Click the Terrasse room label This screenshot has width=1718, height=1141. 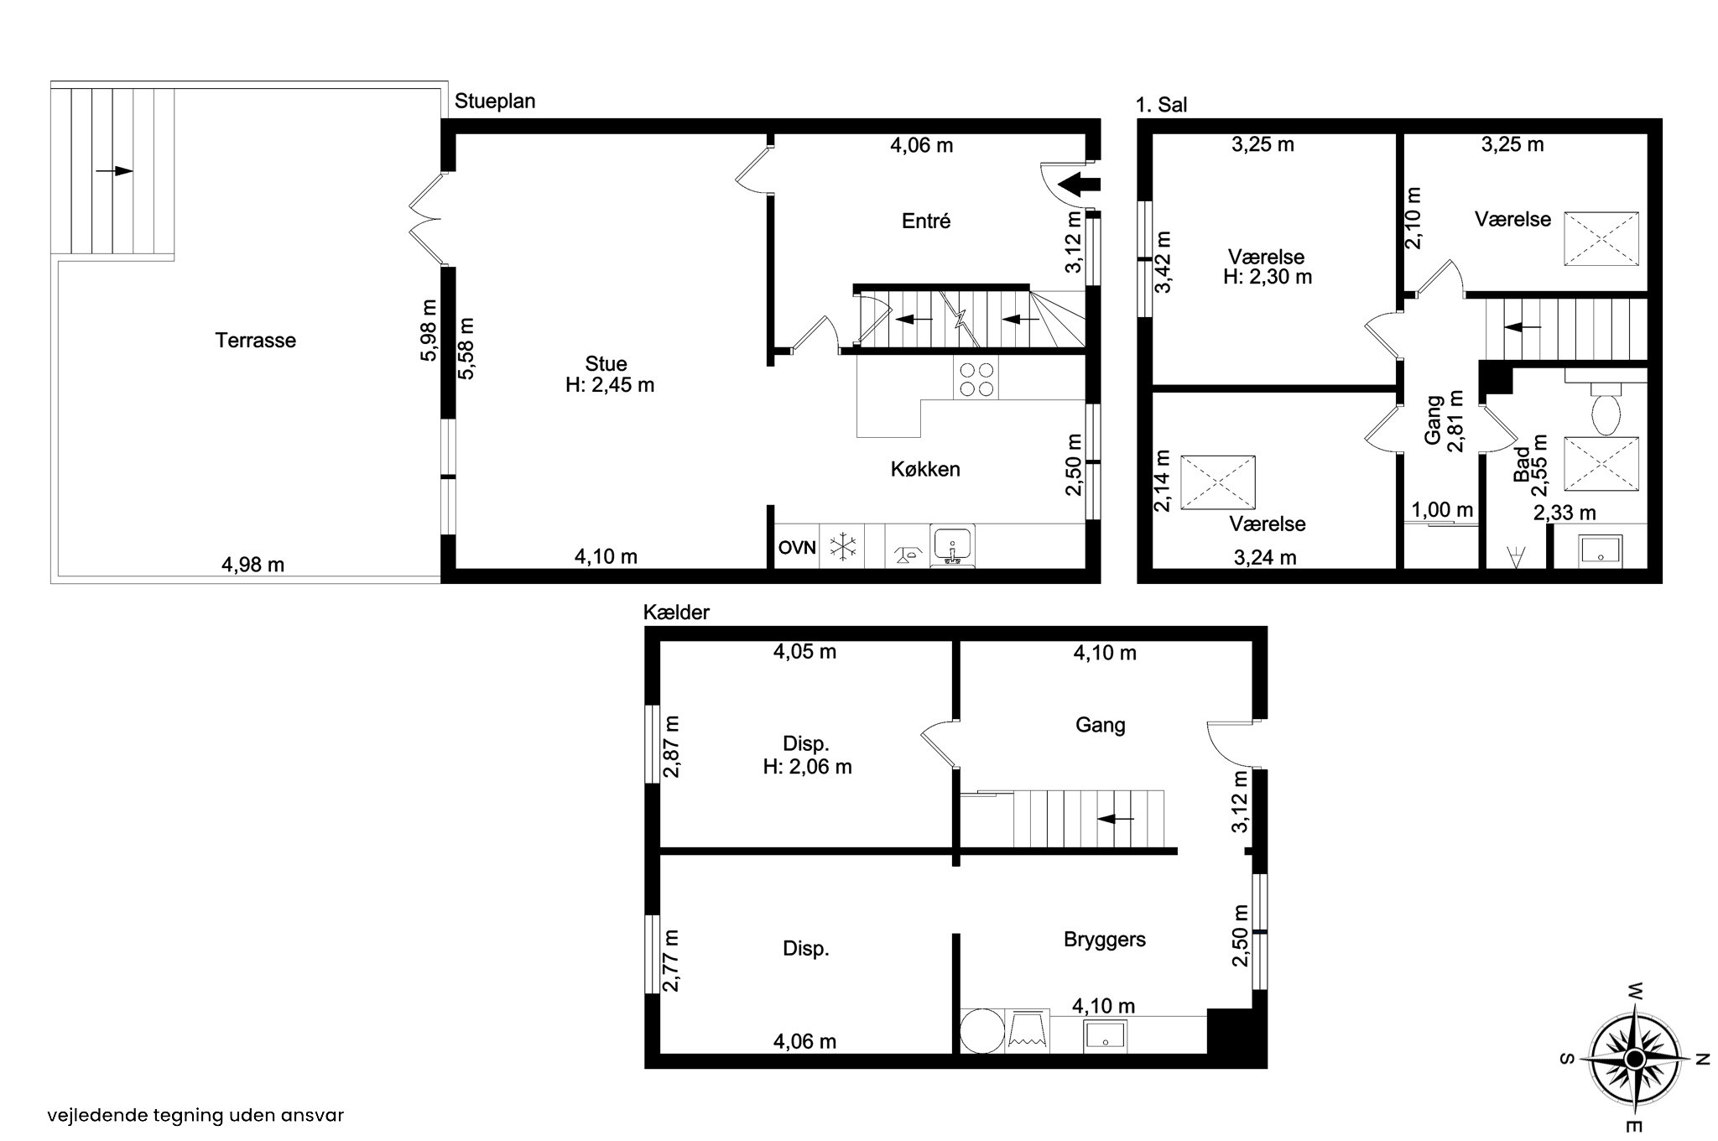256,341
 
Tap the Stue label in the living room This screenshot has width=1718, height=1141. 607,364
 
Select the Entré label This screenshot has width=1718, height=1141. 926,221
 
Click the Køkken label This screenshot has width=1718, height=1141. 925,469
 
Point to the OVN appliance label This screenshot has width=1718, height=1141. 797,549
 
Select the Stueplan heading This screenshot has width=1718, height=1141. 495,102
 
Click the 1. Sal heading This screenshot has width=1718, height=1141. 1161,105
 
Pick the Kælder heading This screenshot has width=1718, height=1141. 676,612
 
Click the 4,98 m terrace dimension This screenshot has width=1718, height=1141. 252,565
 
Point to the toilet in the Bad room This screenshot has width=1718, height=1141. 1606,409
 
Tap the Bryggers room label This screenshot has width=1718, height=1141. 1105,940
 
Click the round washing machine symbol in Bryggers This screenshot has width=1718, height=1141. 982,1031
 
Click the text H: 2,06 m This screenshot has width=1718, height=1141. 807,766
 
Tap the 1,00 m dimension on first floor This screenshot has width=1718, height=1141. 1442,509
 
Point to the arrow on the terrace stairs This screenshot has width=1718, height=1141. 114,171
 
